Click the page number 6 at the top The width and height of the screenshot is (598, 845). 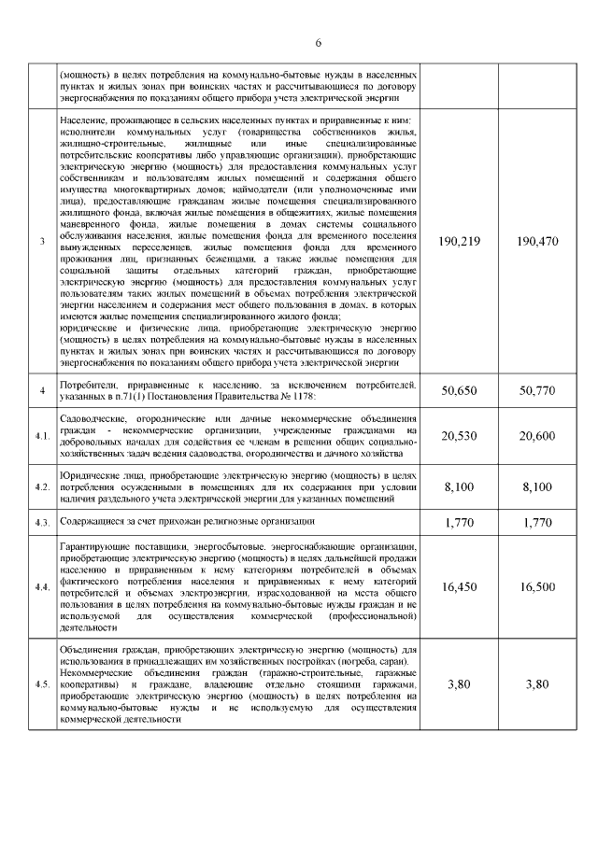(x=318, y=43)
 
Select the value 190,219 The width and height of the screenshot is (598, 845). (x=458, y=242)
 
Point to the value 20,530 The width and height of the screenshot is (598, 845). (x=458, y=436)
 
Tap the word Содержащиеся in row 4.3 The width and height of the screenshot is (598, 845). (x=90, y=520)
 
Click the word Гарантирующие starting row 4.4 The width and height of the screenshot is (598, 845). (x=93, y=544)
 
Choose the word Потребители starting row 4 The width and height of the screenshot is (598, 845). (x=87, y=384)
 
